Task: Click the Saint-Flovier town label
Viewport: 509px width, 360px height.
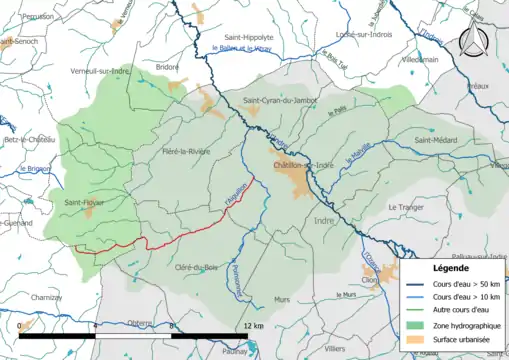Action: coord(84,203)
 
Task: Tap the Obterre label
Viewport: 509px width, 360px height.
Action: coord(139,322)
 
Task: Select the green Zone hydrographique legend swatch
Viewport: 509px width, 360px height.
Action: coord(417,324)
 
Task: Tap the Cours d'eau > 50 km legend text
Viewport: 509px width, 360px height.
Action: coord(462,284)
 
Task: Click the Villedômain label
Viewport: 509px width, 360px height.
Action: coord(419,59)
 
